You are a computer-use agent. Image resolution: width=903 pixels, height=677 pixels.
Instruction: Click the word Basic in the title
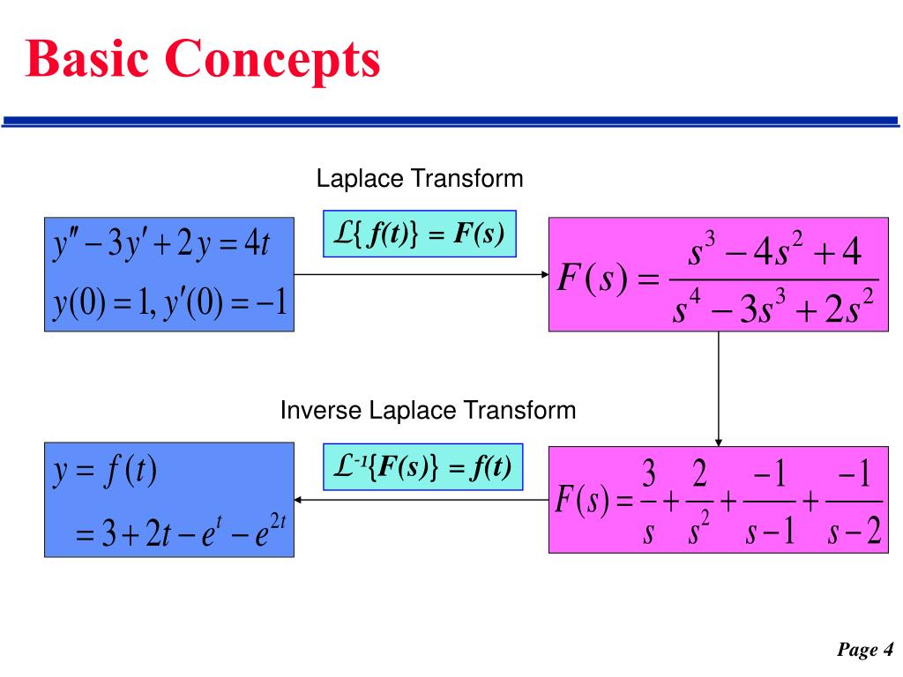pyautogui.click(x=87, y=58)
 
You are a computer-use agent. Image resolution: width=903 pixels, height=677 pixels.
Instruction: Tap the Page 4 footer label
pyautogui.click(x=865, y=650)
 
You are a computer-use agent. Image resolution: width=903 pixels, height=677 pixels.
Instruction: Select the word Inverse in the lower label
pyautogui.click(x=320, y=411)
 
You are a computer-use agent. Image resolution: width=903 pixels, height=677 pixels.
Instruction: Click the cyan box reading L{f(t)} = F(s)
pyautogui.click(x=419, y=234)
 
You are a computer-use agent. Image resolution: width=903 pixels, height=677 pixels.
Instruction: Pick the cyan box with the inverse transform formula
pyautogui.click(x=422, y=467)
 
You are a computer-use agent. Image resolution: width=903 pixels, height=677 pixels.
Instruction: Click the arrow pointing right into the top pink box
pyautogui.click(x=422, y=275)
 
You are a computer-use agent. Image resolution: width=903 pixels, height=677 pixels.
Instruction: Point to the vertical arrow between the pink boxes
pyautogui.click(x=718, y=389)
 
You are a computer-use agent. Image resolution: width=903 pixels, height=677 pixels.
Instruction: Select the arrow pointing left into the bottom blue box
pyautogui.click(x=422, y=500)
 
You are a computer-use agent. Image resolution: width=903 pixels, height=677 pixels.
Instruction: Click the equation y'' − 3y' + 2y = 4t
pyautogui.click(x=161, y=243)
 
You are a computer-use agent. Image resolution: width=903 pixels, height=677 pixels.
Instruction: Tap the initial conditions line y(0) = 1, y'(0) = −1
pyautogui.click(x=170, y=302)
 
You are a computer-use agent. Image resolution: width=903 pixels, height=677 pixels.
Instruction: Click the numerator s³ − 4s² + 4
pyautogui.click(x=774, y=249)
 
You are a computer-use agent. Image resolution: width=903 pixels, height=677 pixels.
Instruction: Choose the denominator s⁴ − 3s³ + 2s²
pyautogui.click(x=773, y=306)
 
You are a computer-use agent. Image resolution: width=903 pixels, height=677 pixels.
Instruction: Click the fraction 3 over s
pyautogui.click(x=648, y=502)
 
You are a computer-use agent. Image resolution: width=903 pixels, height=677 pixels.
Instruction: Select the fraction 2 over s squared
pyautogui.click(x=699, y=502)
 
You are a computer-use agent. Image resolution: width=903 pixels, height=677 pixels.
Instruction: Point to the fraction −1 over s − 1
pyautogui.click(x=770, y=502)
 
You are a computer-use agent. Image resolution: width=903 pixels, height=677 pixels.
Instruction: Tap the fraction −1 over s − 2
pyautogui.click(x=854, y=502)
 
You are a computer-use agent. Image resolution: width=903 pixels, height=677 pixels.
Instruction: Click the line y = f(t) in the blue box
pyautogui.click(x=104, y=472)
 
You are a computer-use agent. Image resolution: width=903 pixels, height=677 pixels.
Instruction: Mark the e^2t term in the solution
pyautogui.click(x=270, y=530)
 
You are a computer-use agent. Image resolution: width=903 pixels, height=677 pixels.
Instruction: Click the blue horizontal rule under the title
pyautogui.click(x=451, y=122)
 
